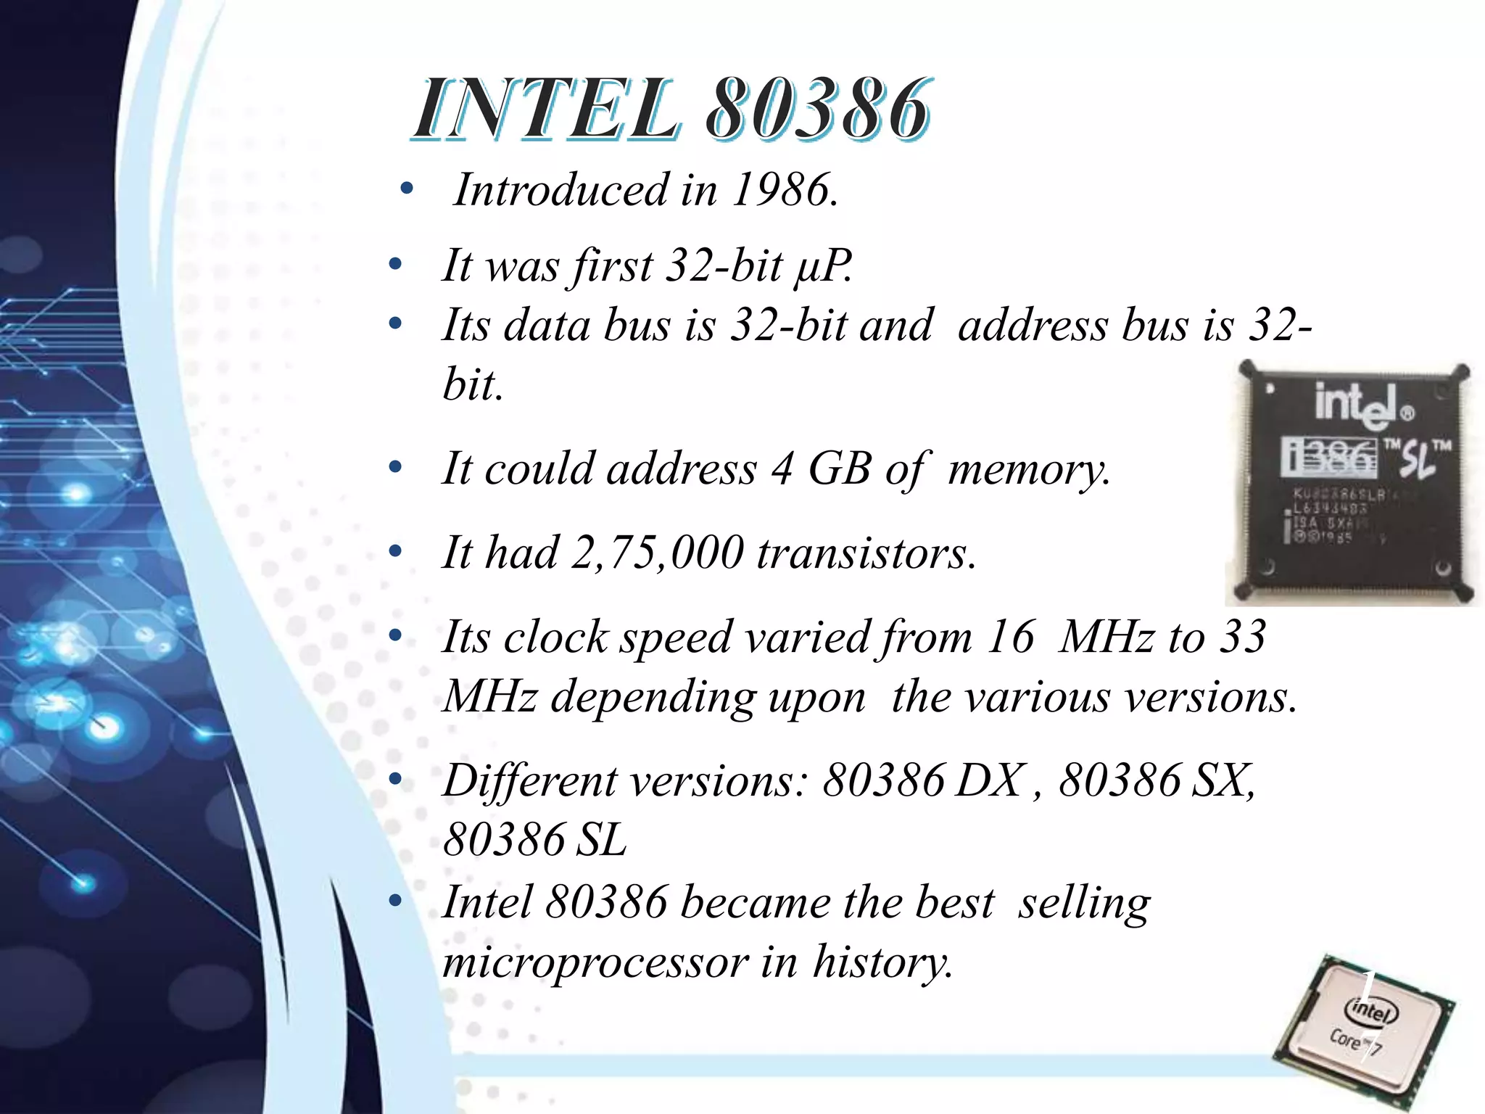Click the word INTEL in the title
pyautogui.click(x=547, y=110)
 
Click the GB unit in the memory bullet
pyautogui.click(x=839, y=469)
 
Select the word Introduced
pyautogui.click(x=561, y=191)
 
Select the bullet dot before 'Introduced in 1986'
pyautogui.click(x=407, y=190)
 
